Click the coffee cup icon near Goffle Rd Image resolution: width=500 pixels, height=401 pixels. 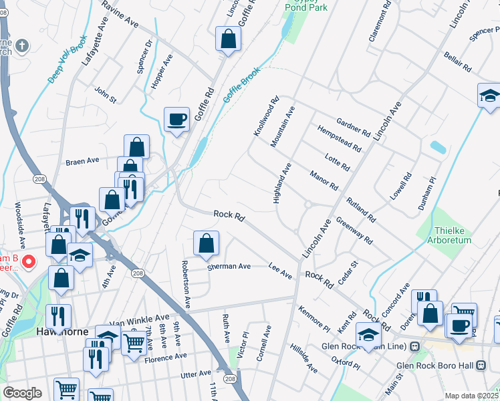176,119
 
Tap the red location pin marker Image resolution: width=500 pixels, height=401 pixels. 29,261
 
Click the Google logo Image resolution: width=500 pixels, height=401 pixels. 22,393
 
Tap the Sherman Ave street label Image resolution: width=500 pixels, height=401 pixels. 229,266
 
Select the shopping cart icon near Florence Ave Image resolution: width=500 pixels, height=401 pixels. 134,343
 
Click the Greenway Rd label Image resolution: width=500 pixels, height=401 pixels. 354,230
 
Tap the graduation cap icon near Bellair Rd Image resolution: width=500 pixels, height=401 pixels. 489,95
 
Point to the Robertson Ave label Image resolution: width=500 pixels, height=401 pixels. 185,284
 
